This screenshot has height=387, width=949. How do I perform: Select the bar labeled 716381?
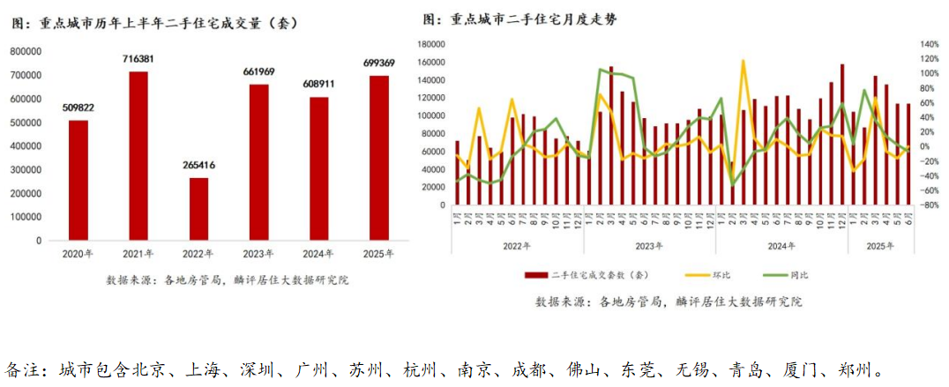click(x=138, y=155)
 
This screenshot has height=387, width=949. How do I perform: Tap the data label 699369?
click(x=379, y=63)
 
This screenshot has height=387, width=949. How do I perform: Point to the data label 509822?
click(x=78, y=108)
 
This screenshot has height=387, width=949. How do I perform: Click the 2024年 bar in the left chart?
click(x=318, y=168)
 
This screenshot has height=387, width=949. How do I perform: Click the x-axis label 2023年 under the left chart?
click(x=258, y=254)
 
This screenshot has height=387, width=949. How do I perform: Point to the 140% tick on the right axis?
click(x=930, y=44)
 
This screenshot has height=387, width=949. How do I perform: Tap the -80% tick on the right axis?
click(x=930, y=205)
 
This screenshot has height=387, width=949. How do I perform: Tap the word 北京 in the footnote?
click(x=146, y=368)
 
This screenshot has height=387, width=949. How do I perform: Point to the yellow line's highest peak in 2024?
click(x=743, y=60)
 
